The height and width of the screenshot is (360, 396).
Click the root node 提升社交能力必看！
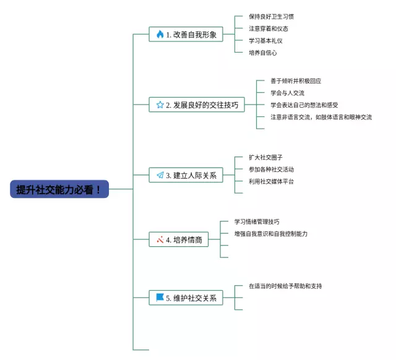coord(59,189)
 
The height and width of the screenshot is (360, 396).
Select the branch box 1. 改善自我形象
coord(186,35)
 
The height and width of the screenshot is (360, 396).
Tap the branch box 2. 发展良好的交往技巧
coord(197,105)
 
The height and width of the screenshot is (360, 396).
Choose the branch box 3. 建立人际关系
coord(186,175)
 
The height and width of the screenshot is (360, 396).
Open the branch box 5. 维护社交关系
coord(186,298)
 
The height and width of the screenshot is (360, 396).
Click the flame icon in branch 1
coord(160,35)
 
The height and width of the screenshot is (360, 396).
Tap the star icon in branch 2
coord(160,105)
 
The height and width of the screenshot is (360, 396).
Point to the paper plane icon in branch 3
coord(160,175)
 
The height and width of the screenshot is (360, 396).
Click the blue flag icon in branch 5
coord(160,298)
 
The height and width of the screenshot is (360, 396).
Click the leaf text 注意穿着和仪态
coord(269,28)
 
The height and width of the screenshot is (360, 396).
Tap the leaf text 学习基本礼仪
coord(265,40)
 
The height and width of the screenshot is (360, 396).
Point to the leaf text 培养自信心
coord(262,53)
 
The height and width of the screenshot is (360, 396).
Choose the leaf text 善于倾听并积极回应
coord(296,81)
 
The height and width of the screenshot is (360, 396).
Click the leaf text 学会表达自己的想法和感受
coord(304,105)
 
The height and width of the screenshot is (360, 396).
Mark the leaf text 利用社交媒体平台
coord(272,181)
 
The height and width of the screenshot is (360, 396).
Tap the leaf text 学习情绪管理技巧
coord(257,221)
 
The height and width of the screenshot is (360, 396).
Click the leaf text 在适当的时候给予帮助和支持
coord(285,286)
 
